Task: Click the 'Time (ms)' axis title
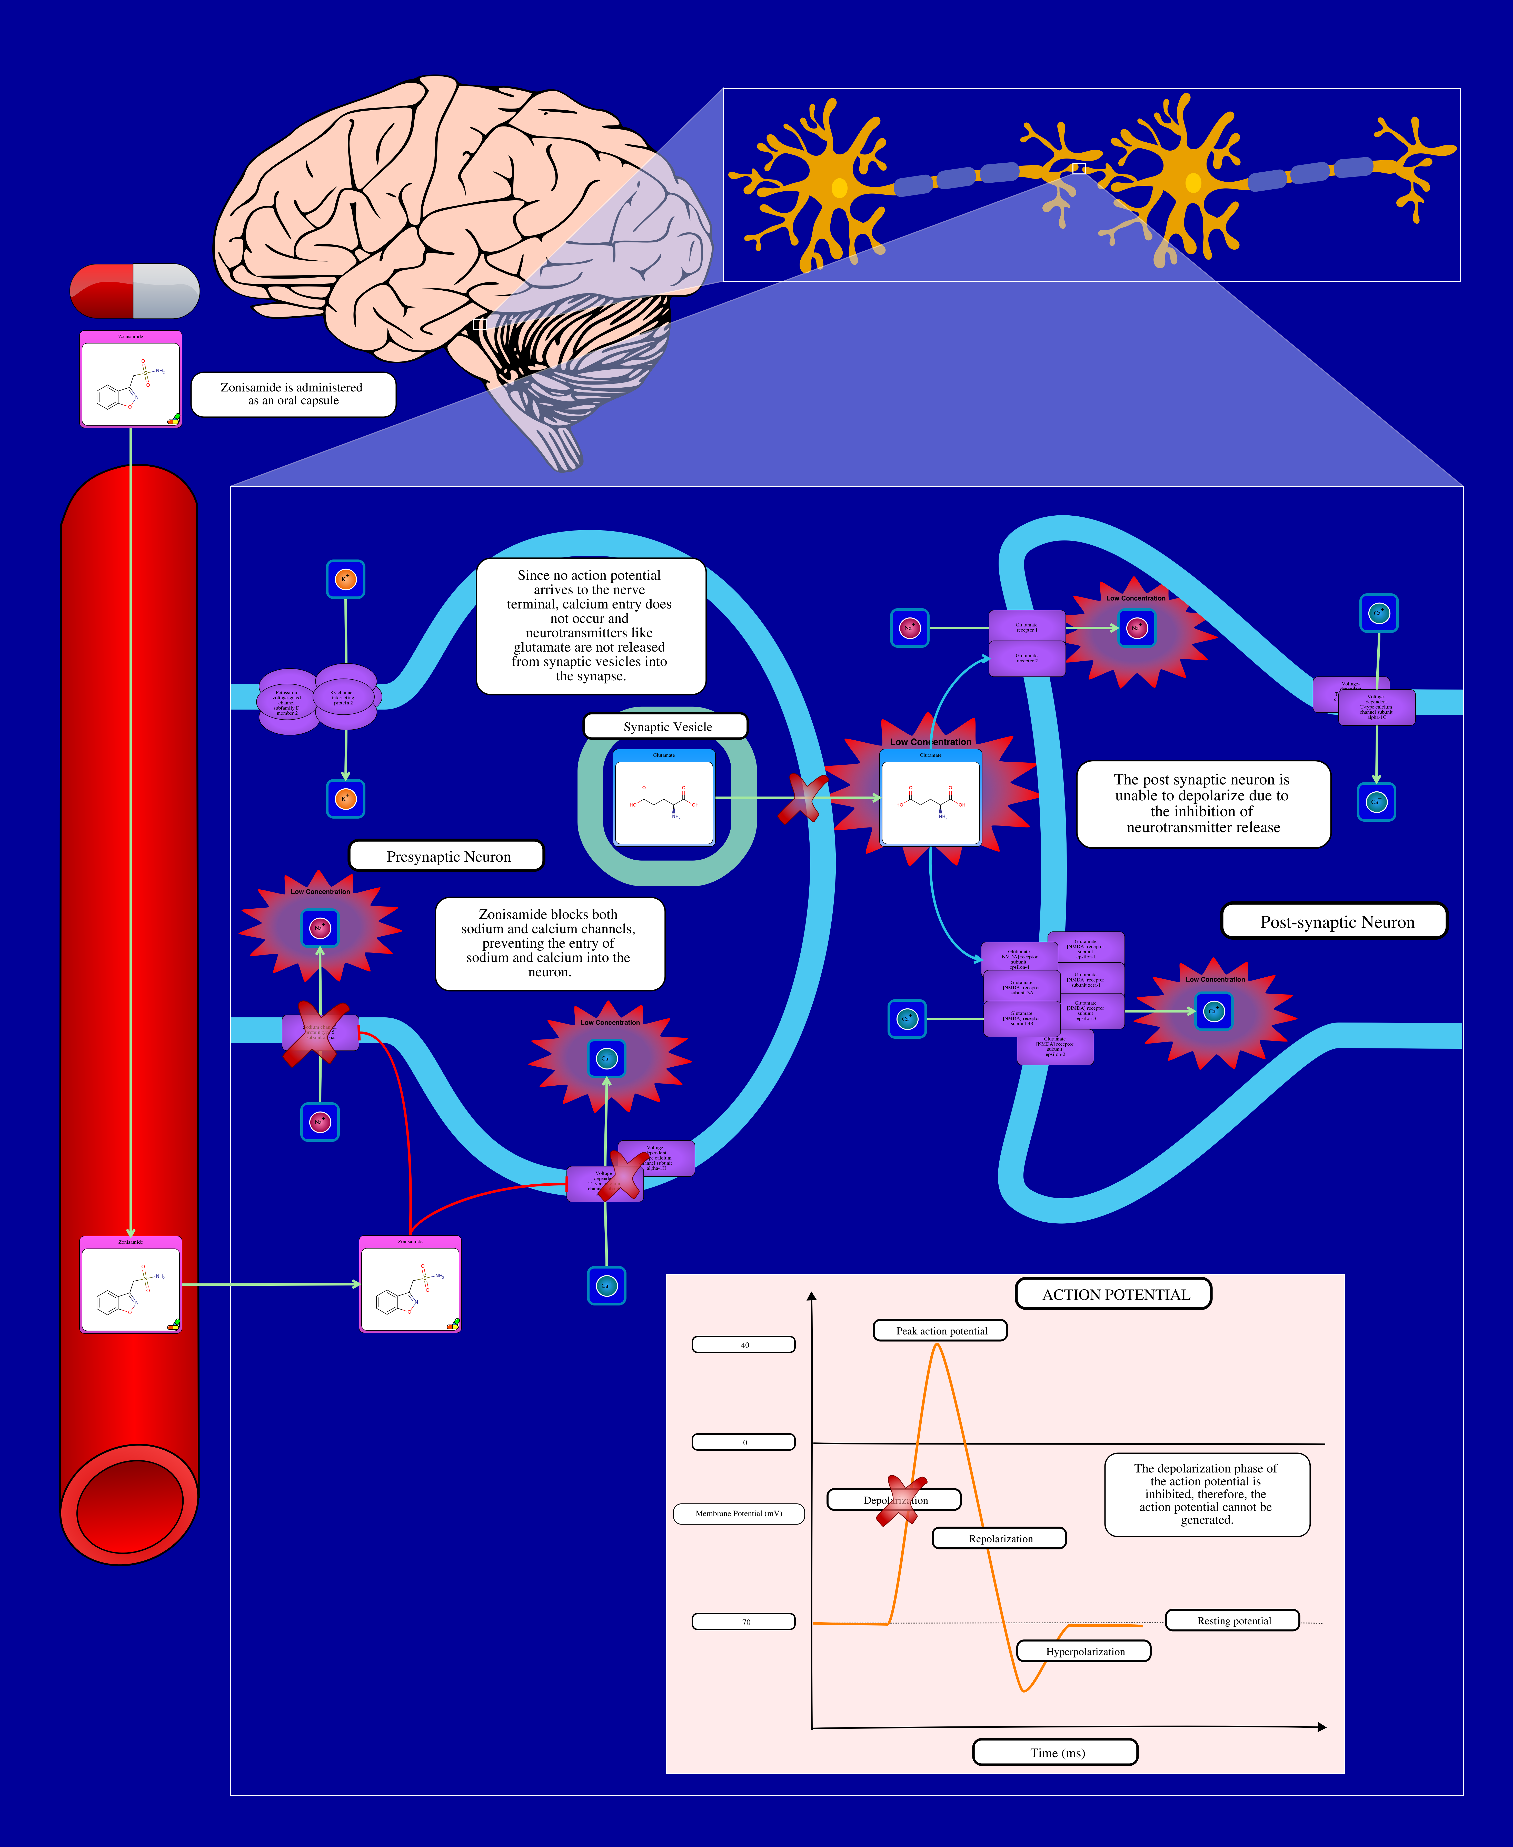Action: click(x=1056, y=1752)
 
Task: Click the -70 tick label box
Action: click(x=743, y=1621)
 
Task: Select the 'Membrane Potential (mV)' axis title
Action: click(x=738, y=1513)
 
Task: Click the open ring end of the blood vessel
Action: click(x=129, y=1504)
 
